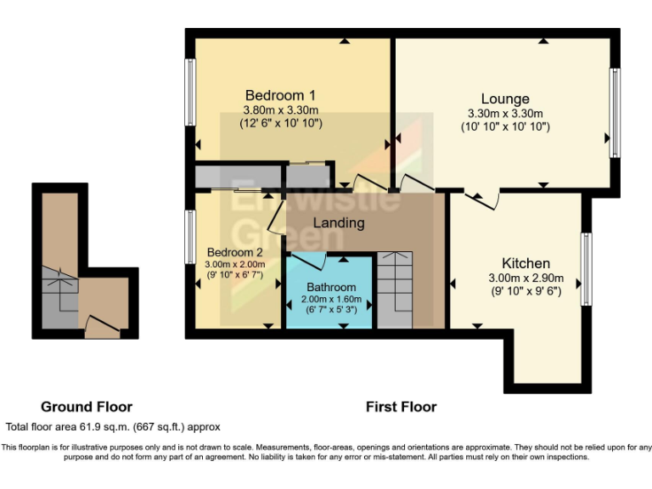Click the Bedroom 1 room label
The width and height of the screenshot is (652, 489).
[x=280, y=94]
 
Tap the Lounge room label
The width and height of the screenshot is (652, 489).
[x=505, y=99]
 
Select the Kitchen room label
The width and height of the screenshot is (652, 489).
[x=526, y=263]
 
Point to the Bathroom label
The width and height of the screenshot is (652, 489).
[x=331, y=287]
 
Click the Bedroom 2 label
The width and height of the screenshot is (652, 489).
[x=234, y=252]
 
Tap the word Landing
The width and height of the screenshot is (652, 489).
[x=339, y=223]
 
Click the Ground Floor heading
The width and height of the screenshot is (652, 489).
[x=87, y=407]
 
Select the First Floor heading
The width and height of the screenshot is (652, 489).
[x=401, y=407]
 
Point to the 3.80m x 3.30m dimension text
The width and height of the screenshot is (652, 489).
[x=280, y=110]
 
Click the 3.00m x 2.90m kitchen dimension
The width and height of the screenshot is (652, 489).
[x=526, y=278]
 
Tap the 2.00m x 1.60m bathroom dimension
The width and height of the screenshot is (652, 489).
[x=331, y=299]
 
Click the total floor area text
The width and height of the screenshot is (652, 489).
[x=113, y=426]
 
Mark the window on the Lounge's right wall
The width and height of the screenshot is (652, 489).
[x=615, y=112]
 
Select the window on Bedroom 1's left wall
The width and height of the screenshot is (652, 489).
[x=190, y=93]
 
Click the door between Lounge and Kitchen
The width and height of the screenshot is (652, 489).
[x=483, y=198]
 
